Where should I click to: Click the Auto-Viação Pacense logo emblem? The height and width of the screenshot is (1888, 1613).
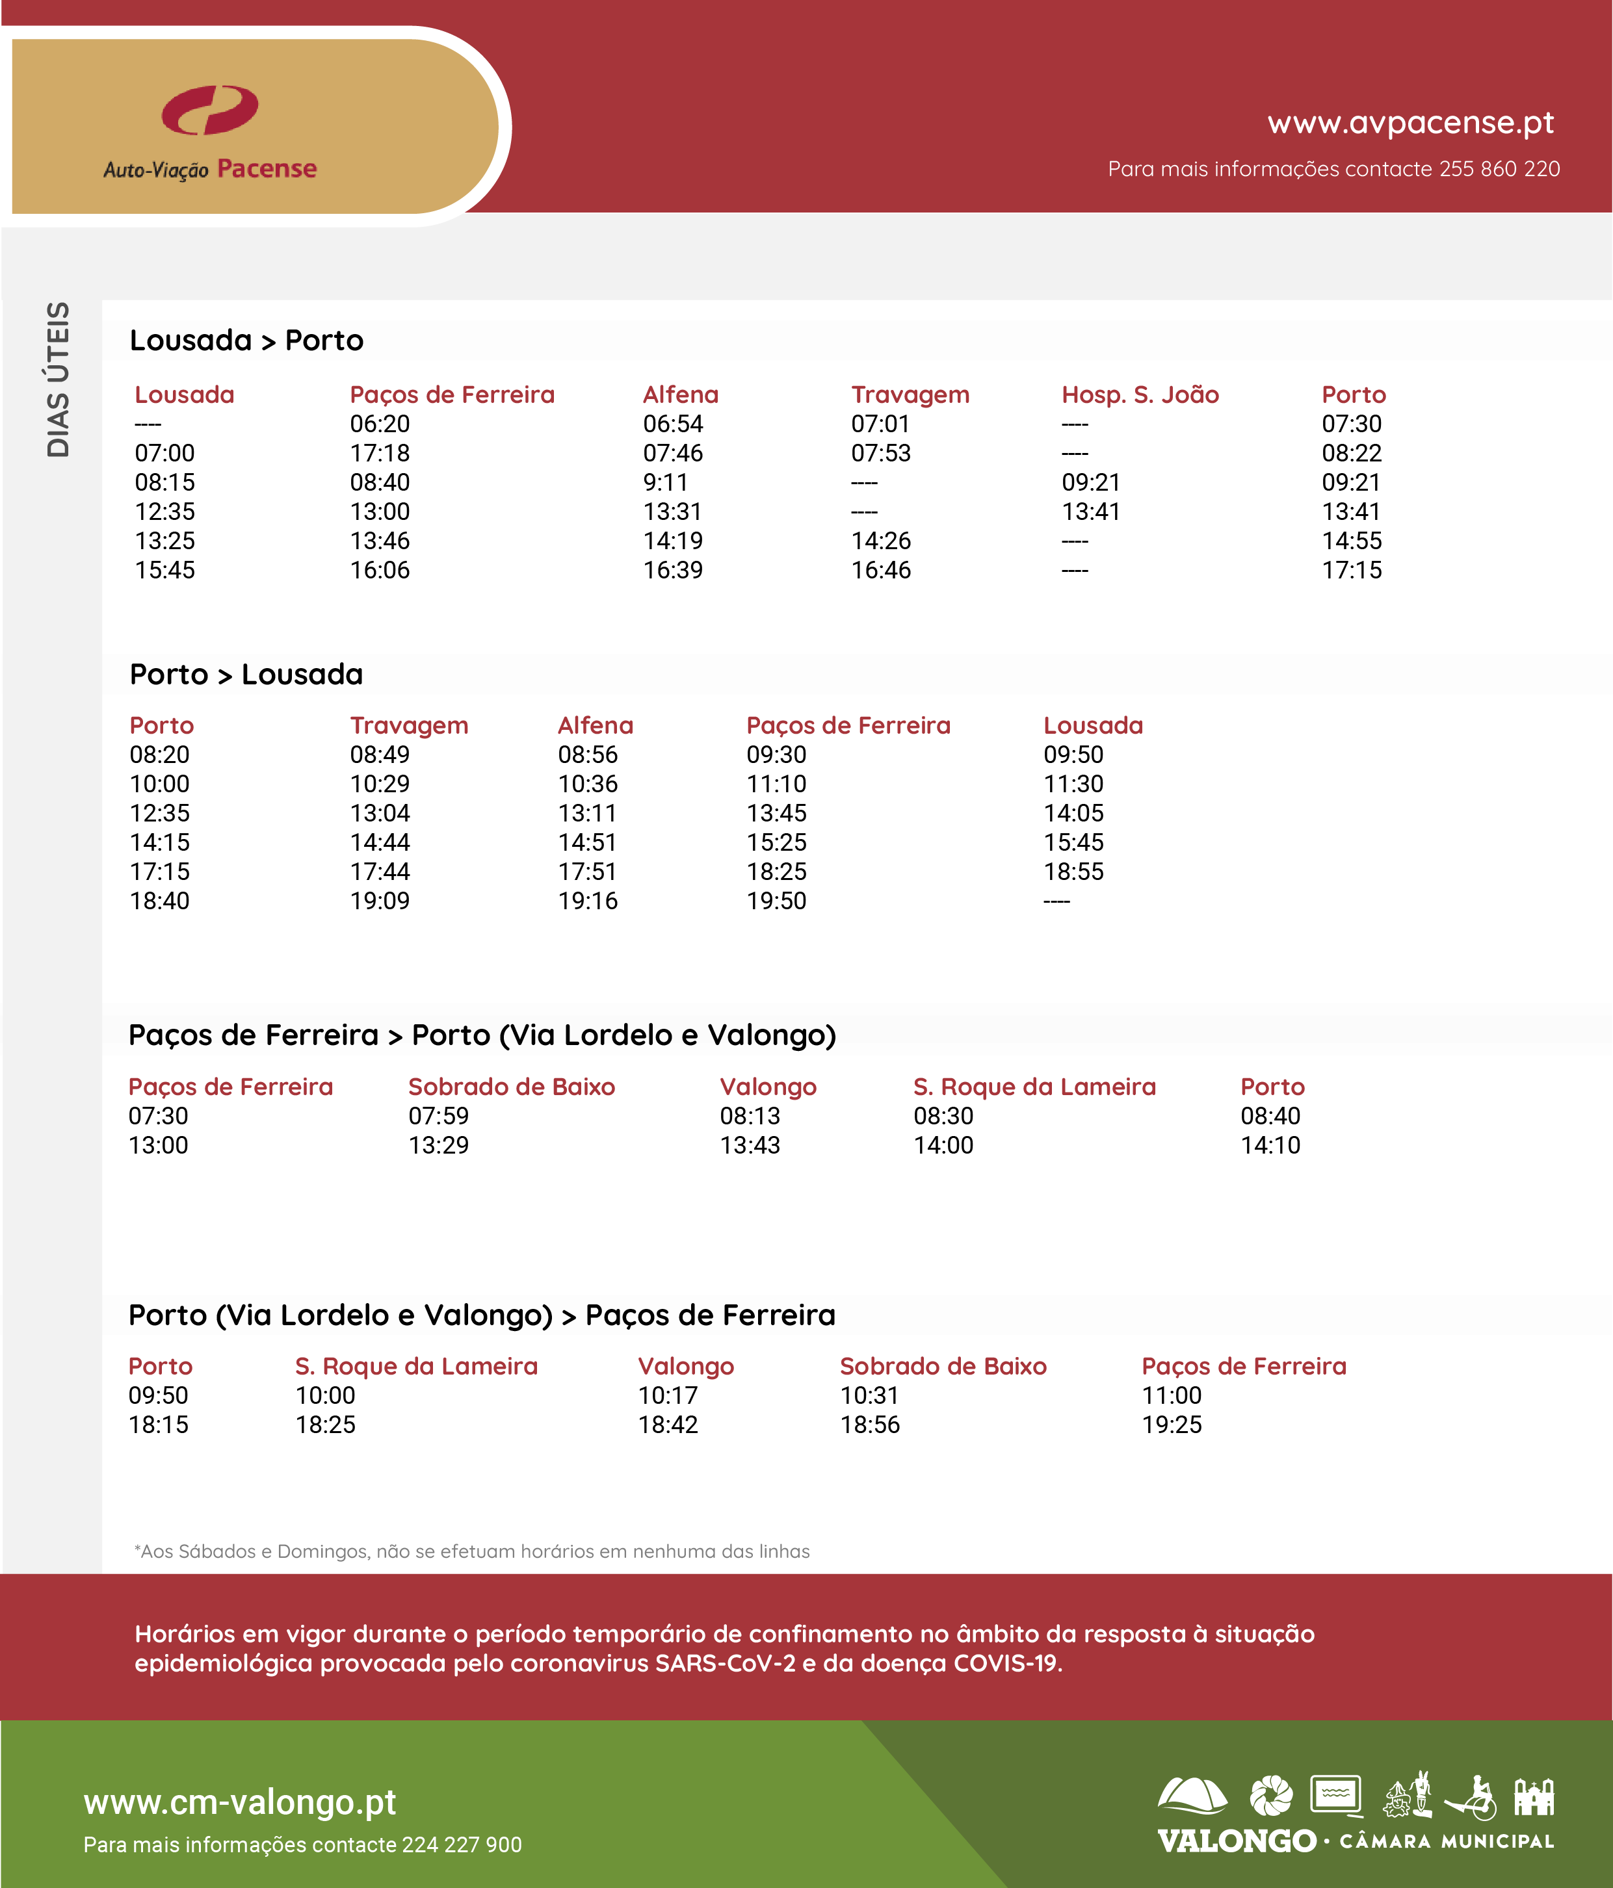tap(209, 110)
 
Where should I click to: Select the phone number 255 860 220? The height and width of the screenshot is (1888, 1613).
tap(1499, 170)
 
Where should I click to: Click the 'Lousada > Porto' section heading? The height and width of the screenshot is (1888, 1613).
tap(246, 341)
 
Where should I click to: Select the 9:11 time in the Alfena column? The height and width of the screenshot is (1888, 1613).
tap(665, 482)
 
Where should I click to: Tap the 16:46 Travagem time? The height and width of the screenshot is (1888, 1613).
tap(880, 571)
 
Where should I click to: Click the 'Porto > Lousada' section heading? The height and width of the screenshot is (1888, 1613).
tap(246, 675)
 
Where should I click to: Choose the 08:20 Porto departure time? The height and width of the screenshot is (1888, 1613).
tap(159, 755)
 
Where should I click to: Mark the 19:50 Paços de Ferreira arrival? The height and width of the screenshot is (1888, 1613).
tap(776, 901)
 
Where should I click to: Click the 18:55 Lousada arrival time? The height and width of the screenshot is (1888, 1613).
tap(1073, 872)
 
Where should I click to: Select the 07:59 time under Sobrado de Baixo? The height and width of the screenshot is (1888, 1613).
tap(438, 1116)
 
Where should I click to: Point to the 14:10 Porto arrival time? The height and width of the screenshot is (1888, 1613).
tap(1270, 1145)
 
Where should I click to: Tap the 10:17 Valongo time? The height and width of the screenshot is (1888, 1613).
tap(667, 1396)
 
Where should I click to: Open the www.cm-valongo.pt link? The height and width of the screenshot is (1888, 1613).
tap(240, 1802)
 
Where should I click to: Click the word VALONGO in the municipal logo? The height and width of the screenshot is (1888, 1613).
tap(1236, 1841)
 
